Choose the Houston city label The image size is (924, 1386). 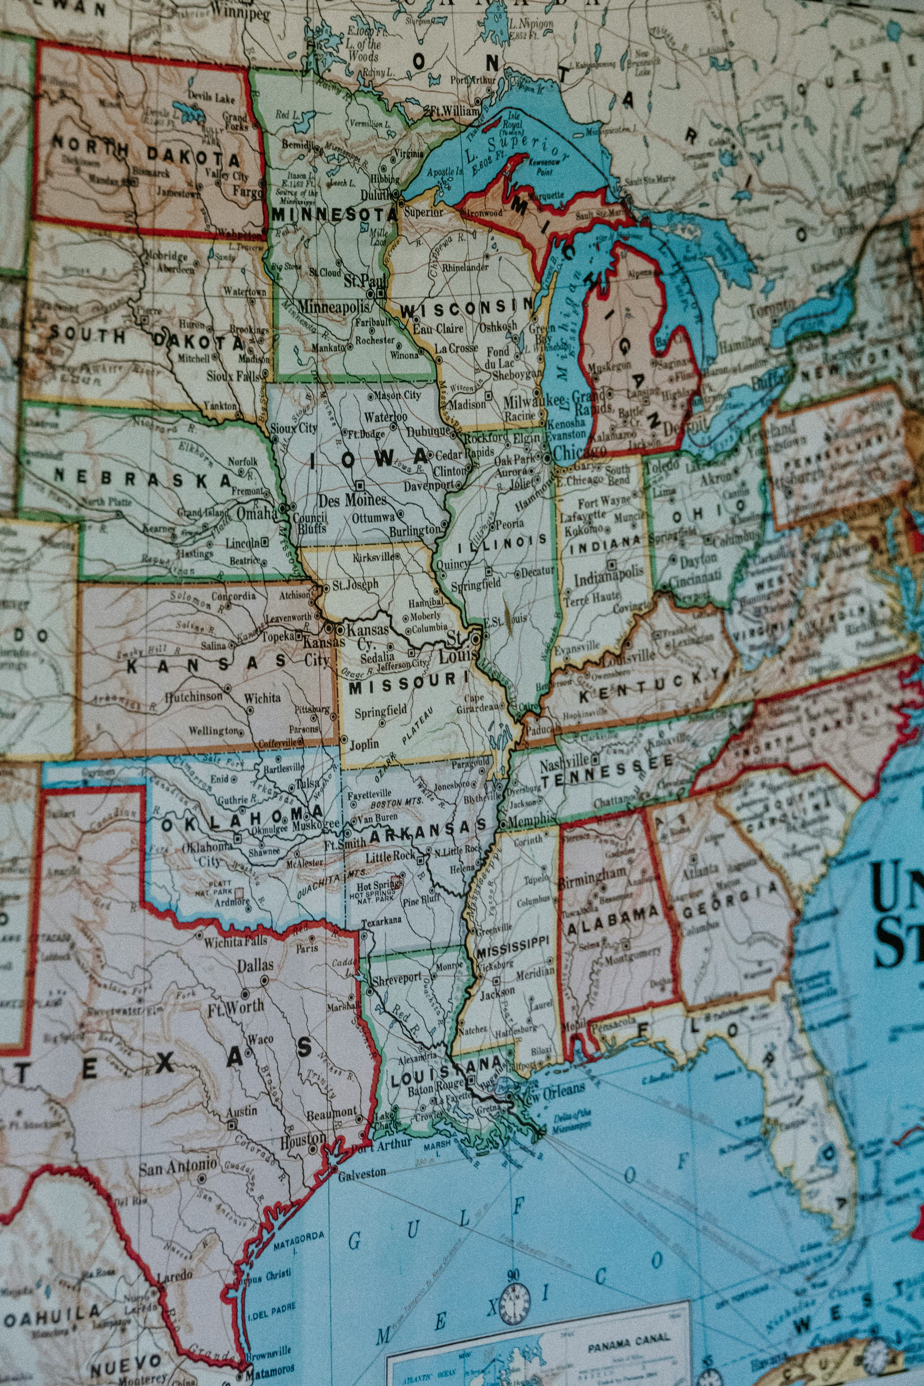click(x=302, y=1140)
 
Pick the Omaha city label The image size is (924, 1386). click(x=256, y=513)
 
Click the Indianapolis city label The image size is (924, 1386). click(x=609, y=578)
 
